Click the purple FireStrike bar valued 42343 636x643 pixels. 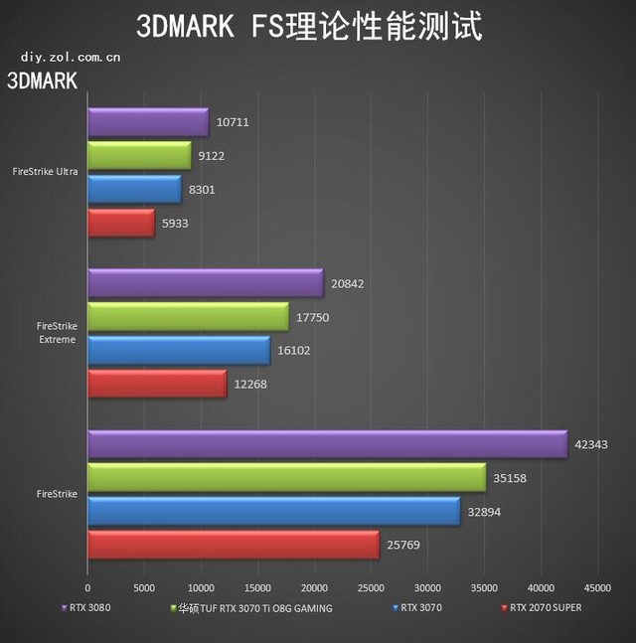click(326, 444)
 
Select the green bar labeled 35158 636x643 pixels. click(286, 478)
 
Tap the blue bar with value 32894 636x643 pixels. click(273, 512)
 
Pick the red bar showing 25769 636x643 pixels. click(233, 545)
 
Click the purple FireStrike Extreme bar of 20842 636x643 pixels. click(205, 283)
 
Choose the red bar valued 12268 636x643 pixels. click(157, 384)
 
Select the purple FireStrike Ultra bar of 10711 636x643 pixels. click(148, 122)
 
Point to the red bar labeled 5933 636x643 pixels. click(121, 223)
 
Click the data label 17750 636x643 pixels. click(312, 318)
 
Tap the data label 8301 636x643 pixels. click(201, 190)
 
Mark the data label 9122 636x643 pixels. click(211, 156)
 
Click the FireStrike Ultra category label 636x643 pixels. click(46, 172)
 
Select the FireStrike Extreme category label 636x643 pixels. click(56, 332)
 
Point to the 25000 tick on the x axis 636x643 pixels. click(371, 587)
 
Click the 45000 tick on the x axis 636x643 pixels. click(597, 587)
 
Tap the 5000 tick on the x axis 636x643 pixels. click(144, 587)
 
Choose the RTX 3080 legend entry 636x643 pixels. click(90, 606)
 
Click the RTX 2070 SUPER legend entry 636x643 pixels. click(544, 606)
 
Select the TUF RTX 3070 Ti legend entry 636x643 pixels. click(253, 606)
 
